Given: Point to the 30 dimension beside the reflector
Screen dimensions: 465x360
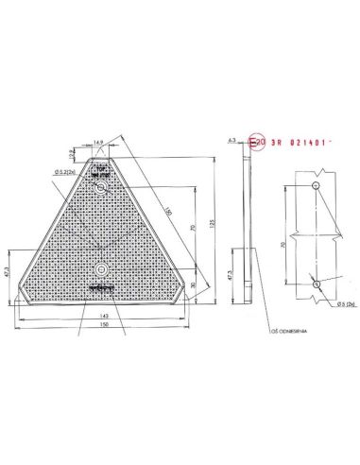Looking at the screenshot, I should (194, 284).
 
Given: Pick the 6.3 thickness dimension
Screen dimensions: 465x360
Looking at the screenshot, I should (231, 138).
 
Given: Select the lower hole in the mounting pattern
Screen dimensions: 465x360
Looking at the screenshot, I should (317, 284).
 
